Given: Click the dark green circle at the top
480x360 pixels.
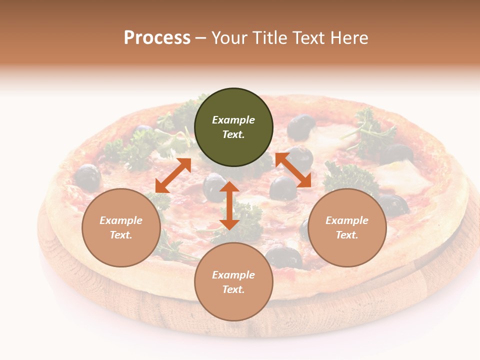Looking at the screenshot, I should (x=233, y=127).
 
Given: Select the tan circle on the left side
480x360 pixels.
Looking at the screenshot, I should (x=121, y=227).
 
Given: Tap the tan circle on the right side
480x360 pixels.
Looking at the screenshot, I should (x=347, y=227).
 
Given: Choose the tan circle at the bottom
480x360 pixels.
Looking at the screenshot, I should (x=233, y=282).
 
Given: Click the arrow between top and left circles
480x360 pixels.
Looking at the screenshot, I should (x=173, y=175).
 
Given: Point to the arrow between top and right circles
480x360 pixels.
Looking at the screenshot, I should (x=293, y=170).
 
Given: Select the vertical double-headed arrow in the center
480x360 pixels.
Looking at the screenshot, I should (x=229, y=205).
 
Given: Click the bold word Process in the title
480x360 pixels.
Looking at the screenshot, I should (x=157, y=37).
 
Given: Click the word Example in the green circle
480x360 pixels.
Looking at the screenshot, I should (x=233, y=120).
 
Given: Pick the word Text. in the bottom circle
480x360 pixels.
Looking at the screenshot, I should (x=233, y=289).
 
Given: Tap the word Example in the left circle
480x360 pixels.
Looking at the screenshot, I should (x=121, y=220).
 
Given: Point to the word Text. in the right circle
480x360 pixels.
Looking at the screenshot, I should (x=347, y=235).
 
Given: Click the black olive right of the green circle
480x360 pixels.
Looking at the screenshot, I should (x=301, y=126).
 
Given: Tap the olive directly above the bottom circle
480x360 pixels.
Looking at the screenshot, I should (x=284, y=257).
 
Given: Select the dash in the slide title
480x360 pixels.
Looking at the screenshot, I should (x=201, y=38).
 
